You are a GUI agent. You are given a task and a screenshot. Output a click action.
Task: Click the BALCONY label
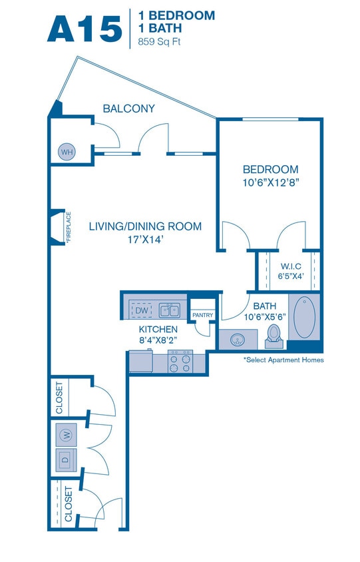[x=129, y=109]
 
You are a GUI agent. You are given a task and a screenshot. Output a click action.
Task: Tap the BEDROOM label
[x=270, y=169]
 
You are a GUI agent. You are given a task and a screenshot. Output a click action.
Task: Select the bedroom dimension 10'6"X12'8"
[x=270, y=182]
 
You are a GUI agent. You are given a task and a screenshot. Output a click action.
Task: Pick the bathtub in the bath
[x=305, y=318]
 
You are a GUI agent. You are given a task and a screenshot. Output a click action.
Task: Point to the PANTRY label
[x=202, y=315]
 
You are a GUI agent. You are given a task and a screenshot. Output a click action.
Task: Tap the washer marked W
[x=66, y=435]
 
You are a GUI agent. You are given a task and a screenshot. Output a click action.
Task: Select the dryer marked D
[x=66, y=459]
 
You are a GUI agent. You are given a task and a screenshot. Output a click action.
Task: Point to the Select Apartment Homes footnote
[x=283, y=360]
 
